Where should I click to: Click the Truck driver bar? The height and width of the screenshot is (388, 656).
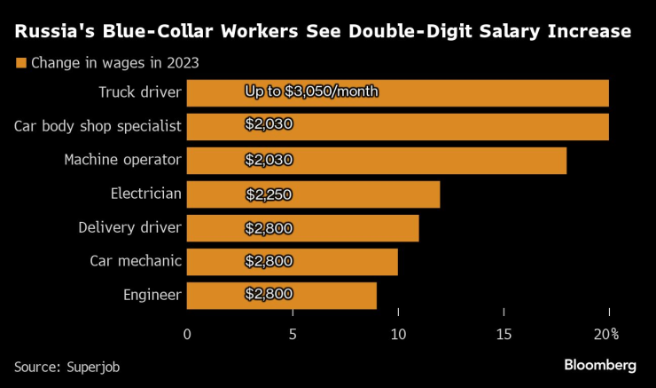(397, 93)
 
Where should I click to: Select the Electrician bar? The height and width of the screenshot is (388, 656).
(313, 194)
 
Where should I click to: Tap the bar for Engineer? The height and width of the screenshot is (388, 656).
(282, 296)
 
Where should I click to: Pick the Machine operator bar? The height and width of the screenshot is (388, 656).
(376, 161)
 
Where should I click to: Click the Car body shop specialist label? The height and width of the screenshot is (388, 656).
(98, 126)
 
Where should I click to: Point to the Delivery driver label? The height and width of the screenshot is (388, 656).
(129, 228)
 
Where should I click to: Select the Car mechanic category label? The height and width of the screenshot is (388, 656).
(136, 261)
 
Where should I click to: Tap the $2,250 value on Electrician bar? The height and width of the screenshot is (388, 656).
(269, 194)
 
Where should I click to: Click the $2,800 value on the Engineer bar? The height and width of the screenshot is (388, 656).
(269, 294)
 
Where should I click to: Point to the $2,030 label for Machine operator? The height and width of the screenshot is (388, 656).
(269, 160)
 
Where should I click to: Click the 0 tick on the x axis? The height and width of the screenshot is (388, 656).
(187, 334)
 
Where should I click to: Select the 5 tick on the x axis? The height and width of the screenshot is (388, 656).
(293, 334)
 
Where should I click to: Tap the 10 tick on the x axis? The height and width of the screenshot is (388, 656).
(398, 334)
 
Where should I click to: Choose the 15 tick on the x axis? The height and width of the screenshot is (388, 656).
(504, 334)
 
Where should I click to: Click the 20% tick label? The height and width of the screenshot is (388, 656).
(606, 334)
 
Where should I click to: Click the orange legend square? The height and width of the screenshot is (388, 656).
(20, 63)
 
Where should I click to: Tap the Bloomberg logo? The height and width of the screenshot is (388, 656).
(600, 365)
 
